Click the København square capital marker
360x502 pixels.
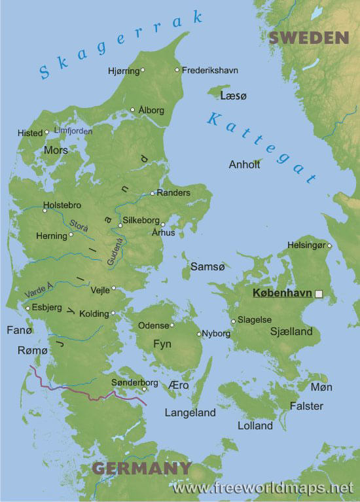coord(319,295)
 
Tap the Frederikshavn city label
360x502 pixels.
coord(209,70)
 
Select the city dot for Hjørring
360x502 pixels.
coord(143,69)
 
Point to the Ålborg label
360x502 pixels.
coord(151,110)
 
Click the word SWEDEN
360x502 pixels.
coord(309,38)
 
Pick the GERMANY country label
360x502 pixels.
coord(141,468)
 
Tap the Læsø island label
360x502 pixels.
coord(234,96)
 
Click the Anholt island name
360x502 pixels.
coord(244,164)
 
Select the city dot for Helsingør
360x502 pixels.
coord(329,246)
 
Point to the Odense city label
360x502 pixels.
coord(153,325)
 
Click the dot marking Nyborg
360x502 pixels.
coord(199,334)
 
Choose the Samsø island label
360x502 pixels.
coord(207,266)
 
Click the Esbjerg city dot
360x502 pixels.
coord(27,308)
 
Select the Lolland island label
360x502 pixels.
coord(255,425)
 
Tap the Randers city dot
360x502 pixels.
coord(153,193)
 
